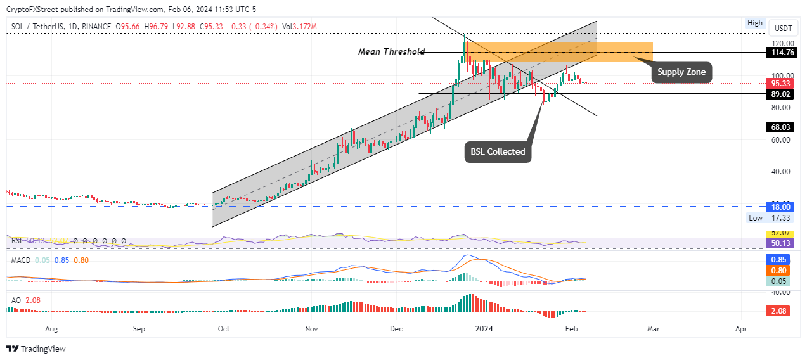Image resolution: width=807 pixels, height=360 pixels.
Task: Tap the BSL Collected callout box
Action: coord(498,151)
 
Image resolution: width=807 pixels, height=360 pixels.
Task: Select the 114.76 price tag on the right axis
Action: coord(780,52)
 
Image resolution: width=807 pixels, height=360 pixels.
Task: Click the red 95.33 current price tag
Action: coord(780,84)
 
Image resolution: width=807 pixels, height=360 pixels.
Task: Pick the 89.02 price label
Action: coord(780,94)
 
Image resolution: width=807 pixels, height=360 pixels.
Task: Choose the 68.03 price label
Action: coord(780,127)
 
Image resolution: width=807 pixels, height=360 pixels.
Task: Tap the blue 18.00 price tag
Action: coord(780,207)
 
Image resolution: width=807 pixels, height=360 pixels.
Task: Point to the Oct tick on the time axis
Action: coord(223,330)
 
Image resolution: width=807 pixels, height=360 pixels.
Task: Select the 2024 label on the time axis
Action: coord(484,330)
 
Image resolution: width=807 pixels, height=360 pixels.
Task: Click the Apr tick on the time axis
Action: coord(740,330)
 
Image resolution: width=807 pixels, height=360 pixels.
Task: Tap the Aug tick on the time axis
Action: coord(52,330)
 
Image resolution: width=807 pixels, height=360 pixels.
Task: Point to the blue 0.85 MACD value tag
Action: coord(780,259)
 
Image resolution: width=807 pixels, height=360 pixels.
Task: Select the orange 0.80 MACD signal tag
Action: coord(780,270)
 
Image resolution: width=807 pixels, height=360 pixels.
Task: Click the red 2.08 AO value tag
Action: coord(780,311)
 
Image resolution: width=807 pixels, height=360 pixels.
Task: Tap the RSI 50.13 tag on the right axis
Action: coord(780,243)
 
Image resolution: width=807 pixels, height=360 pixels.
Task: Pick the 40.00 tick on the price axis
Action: coord(780,171)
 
